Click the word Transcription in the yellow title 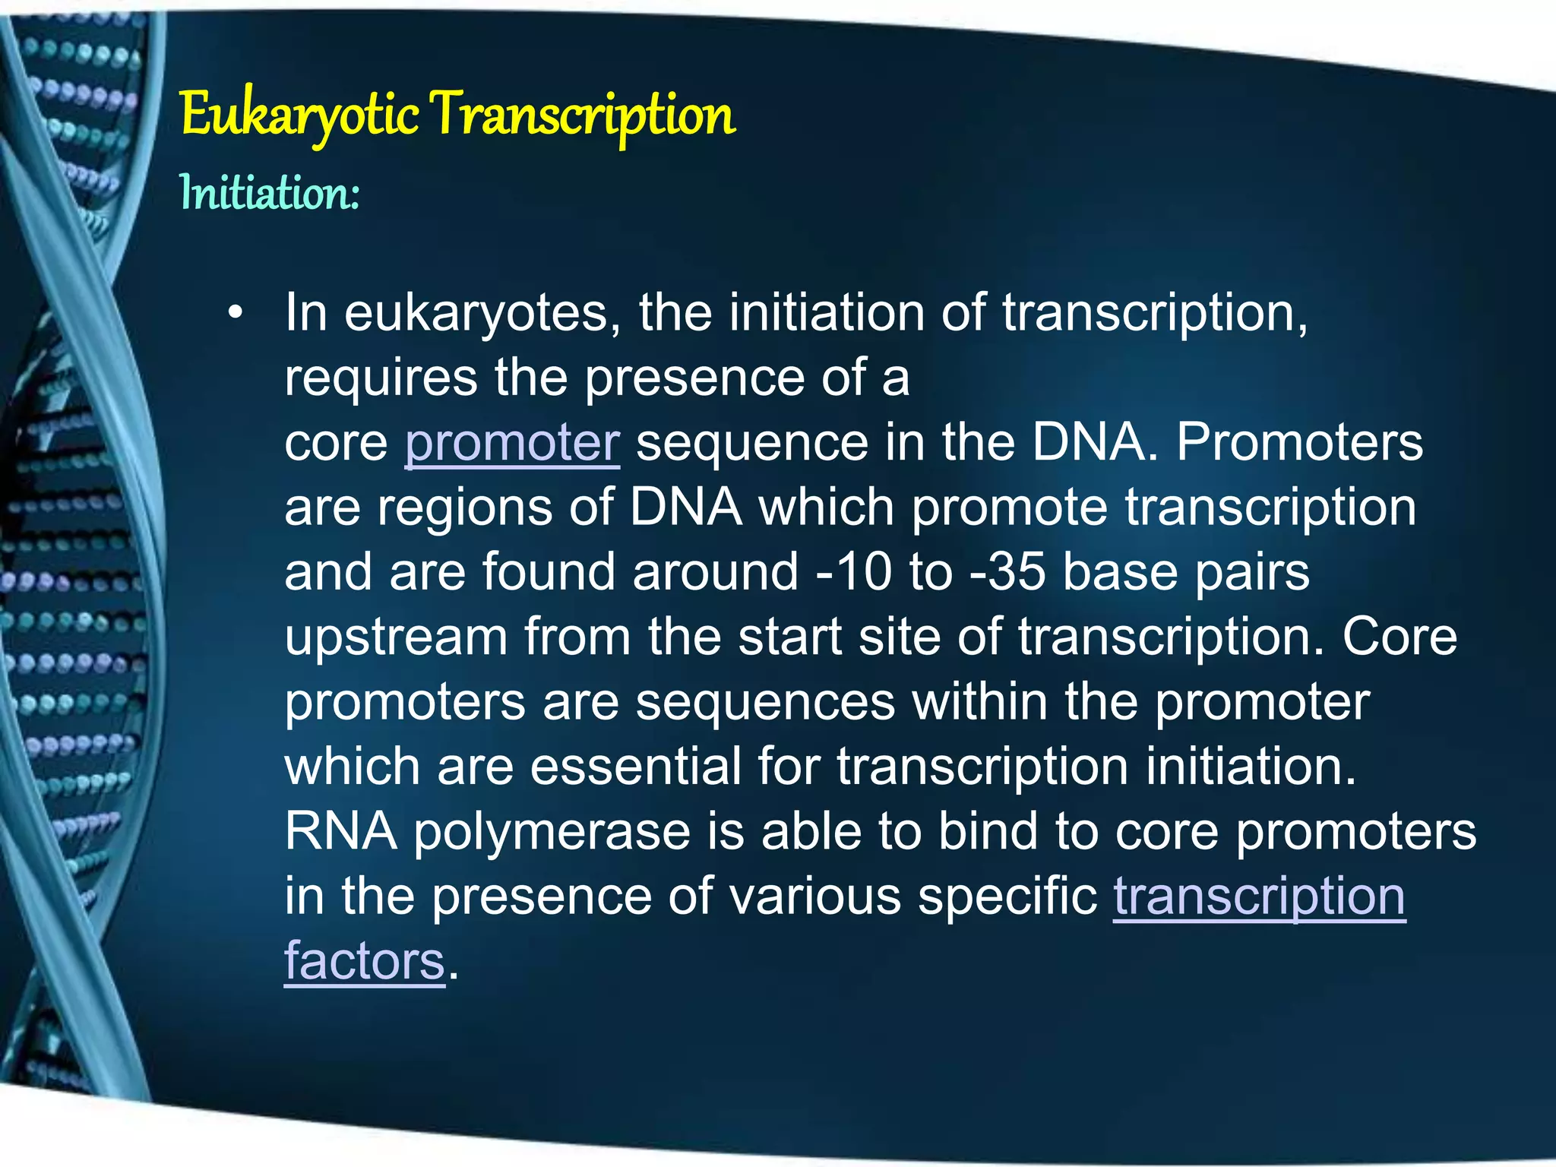(x=584, y=115)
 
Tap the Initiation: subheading (x=269, y=193)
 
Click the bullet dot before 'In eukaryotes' (x=236, y=314)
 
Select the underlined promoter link (x=512, y=443)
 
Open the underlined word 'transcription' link (x=1259, y=897)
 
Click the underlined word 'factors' (x=364, y=961)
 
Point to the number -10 (x=853, y=571)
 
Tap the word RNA (x=340, y=831)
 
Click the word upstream (x=396, y=637)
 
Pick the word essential (x=635, y=766)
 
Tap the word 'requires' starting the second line (x=381, y=378)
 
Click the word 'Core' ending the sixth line (x=1399, y=637)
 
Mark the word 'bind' (x=987, y=831)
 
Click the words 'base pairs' (x=1186, y=571)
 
